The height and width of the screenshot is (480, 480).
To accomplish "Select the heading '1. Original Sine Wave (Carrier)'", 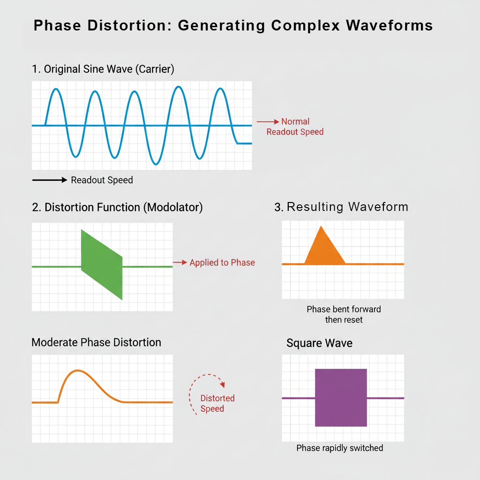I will [x=103, y=69].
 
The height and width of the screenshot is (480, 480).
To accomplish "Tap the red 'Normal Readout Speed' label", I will [x=295, y=127].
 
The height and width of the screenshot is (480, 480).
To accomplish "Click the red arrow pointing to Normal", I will [x=268, y=122].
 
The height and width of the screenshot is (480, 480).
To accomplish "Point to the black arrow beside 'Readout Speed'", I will [x=50, y=180].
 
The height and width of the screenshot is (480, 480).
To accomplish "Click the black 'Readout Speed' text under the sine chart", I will [x=102, y=180].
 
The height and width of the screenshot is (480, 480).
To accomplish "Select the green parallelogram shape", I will [x=102, y=264].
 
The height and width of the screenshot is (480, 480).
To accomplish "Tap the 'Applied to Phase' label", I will [x=222, y=262].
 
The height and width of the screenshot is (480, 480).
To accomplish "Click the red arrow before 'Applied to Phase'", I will [x=180, y=262].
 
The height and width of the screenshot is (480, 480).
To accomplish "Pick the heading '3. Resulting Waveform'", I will [x=341, y=207].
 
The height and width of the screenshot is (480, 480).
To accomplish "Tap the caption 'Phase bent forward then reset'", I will [x=344, y=315].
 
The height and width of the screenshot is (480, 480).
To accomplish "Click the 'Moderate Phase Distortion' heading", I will [x=96, y=342].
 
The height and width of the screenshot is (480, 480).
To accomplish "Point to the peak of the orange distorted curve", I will [x=78, y=371].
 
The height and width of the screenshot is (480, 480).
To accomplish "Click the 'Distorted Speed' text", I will [x=217, y=404].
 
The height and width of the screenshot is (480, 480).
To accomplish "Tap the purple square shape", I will [x=341, y=397].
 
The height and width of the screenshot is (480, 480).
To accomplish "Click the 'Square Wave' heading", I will [x=319, y=343].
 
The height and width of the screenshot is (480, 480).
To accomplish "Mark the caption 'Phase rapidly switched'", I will [x=340, y=448].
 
